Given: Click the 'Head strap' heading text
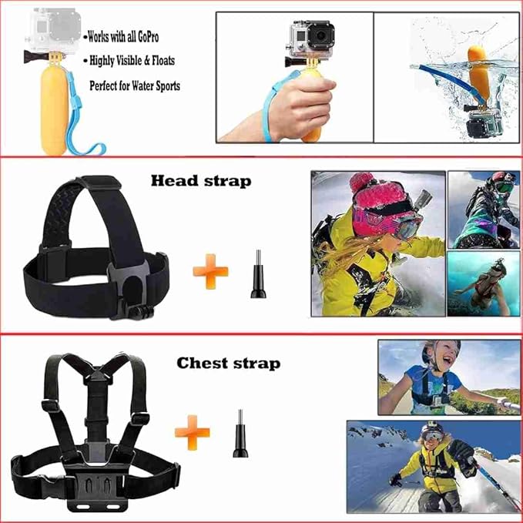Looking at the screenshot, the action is coord(201,181).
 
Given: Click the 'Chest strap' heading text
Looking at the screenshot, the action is coord(229,364).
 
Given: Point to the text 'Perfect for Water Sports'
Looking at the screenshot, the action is coord(135,85).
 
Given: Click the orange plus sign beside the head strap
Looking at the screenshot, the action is coord(210,271).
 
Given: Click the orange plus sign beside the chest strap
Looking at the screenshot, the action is coord(193,433).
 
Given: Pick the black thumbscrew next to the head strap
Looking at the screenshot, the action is coord(258,274).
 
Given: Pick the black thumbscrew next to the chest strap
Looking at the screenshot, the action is coord(240,434).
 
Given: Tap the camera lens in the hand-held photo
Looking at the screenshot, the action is coord(320,35).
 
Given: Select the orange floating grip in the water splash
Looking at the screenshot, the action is coord(478,74).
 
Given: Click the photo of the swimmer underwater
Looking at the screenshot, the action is coord(483,283).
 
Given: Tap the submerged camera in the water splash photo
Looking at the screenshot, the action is coord(484,123).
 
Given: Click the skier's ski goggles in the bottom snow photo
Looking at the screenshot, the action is coord(432,435).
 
